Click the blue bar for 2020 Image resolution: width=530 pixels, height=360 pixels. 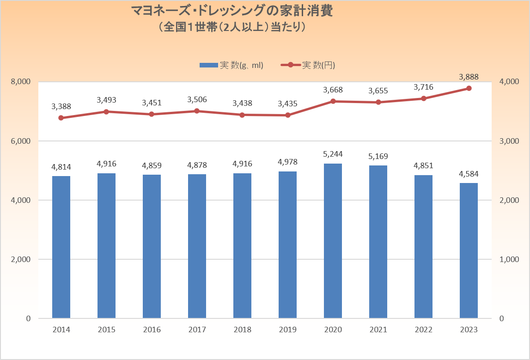click(333, 240)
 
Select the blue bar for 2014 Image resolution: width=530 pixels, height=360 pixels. click(61, 247)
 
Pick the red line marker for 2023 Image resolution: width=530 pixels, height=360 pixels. click(469, 88)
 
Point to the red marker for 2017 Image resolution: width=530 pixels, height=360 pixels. click(197, 111)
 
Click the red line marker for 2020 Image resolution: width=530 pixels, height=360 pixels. click(333, 101)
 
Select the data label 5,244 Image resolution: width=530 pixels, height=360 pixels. click(333, 154)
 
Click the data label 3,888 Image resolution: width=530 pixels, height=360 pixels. click(469, 77)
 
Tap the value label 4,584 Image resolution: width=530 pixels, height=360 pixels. click(469, 174)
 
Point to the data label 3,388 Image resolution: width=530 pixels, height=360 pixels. click(61, 107)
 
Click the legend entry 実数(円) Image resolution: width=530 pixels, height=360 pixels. click(308, 65)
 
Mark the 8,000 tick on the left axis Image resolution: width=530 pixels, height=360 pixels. click(21, 82)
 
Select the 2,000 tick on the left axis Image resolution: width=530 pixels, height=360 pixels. click(21, 259)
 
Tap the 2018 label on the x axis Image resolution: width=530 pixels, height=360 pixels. click(242, 330)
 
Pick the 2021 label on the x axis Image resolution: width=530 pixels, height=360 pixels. click(378, 330)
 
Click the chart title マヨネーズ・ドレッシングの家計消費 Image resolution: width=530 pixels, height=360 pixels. click(232, 11)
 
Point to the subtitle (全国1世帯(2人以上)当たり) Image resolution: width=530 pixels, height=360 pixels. click(232, 27)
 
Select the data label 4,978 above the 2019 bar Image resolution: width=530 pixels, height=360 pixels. click(287, 162)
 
